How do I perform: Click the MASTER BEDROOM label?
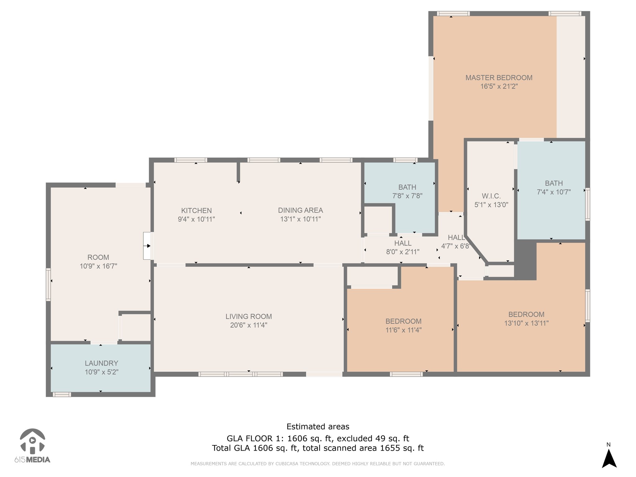pyautogui.click(x=499, y=78)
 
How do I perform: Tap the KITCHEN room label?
pyautogui.click(x=196, y=211)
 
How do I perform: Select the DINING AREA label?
pyautogui.click(x=300, y=210)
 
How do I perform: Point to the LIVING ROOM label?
pyautogui.click(x=248, y=316)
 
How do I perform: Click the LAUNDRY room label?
pyautogui.click(x=102, y=363)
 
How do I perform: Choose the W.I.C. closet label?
pyautogui.click(x=491, y=196)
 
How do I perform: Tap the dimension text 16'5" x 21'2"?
pyautogui.click(x=499, y=86)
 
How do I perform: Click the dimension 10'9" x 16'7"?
pyautogui.click(x=98, y=266)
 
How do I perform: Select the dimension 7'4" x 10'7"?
pyautogui.click(x=554, y=192)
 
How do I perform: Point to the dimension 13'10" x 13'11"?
pyautogui.click(x=526, y=323)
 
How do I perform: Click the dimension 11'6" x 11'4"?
pyautogui.click(x=403, y=330)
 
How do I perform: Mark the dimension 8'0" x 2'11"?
pyautogui.click(x=403, y=252)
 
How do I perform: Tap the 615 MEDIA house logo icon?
pyautogui.click(x=32, y=441)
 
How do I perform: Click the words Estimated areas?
pyautogui.click(x=318, y=426)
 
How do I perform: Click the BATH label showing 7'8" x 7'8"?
pyautogui.click(x=407, y=187)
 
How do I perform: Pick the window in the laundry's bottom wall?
pyautogui.click(x=61, y=394)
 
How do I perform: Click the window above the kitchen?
pyautogui.click(x=191, y=160)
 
